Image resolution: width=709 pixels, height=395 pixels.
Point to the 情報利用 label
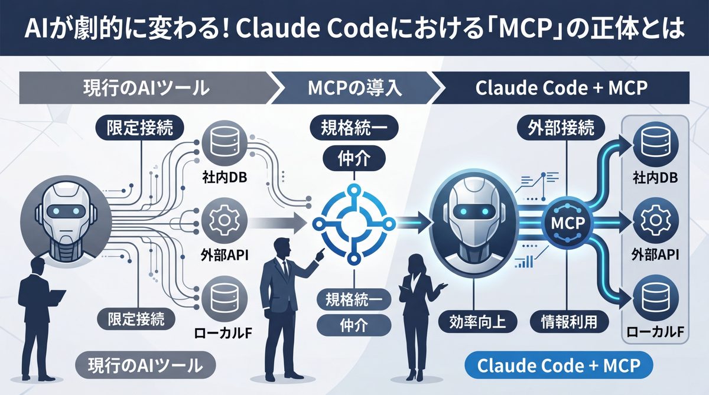[x=568, y=321]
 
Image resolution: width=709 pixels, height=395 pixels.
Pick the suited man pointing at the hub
[x=287, y=307]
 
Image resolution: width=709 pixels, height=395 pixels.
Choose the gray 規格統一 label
[x=353, y=299]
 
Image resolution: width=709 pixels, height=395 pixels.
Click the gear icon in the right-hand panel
[x=654, y=221]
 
